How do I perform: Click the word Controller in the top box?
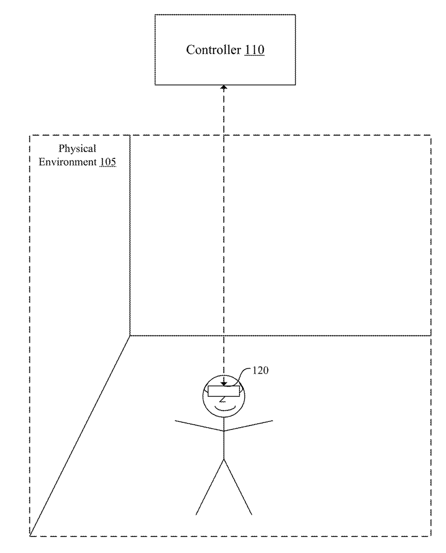214,50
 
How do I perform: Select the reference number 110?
254,50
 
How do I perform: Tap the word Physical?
77,149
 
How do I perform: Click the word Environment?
68,162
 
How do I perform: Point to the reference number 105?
107,162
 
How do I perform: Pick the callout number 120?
260,370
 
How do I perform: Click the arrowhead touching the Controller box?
224,88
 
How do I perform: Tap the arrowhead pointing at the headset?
224,384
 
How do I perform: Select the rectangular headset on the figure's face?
223,391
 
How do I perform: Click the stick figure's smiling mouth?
225,409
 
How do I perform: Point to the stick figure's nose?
223,400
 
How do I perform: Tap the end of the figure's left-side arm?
175,421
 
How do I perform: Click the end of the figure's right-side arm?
273,421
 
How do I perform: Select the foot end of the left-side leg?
196,515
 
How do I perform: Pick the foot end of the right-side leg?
252,515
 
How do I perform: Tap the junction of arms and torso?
224,431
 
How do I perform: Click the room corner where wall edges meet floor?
130,336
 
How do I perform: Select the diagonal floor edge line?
80,436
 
